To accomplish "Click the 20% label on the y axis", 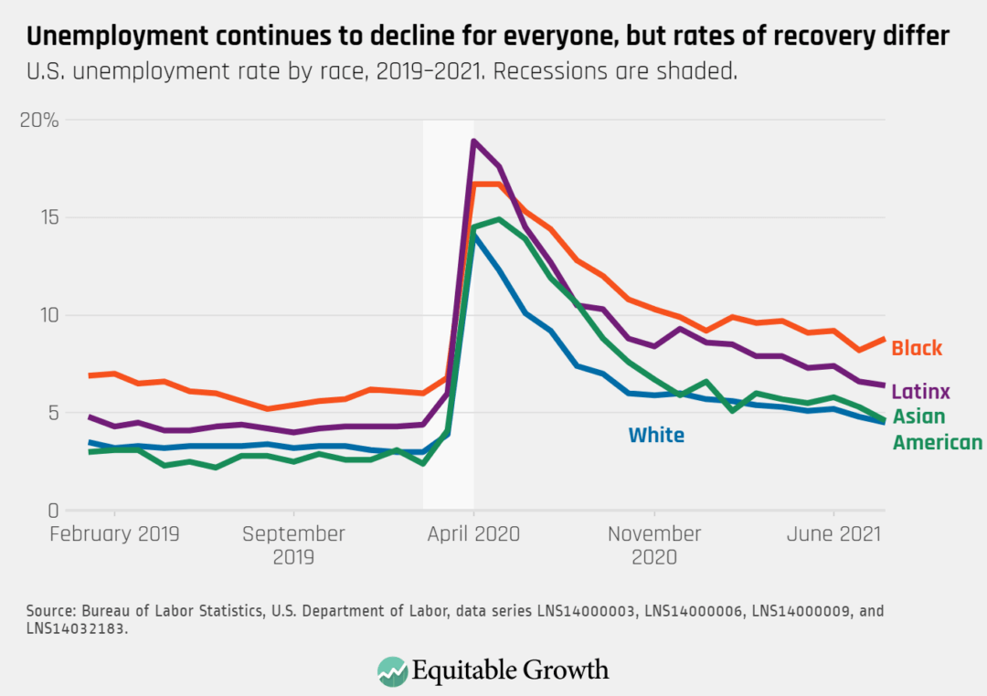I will (x=39, y=120).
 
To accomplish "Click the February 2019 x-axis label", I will (x=115, y=534).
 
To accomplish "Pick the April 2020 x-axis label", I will (x=473, y=534).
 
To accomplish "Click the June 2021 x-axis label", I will (x=833, y=534).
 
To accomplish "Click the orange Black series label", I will (x=917, y=348).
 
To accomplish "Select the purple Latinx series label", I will (x=920, y=392).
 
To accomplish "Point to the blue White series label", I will (x=656, y=436).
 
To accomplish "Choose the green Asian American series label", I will (x=937, y=430).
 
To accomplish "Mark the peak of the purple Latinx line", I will (x=473, y=141).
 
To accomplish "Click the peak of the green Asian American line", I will (x=499, y=219).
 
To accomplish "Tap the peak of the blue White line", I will (x=473, y=236).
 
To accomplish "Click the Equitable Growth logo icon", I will (x=392, y=670).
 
